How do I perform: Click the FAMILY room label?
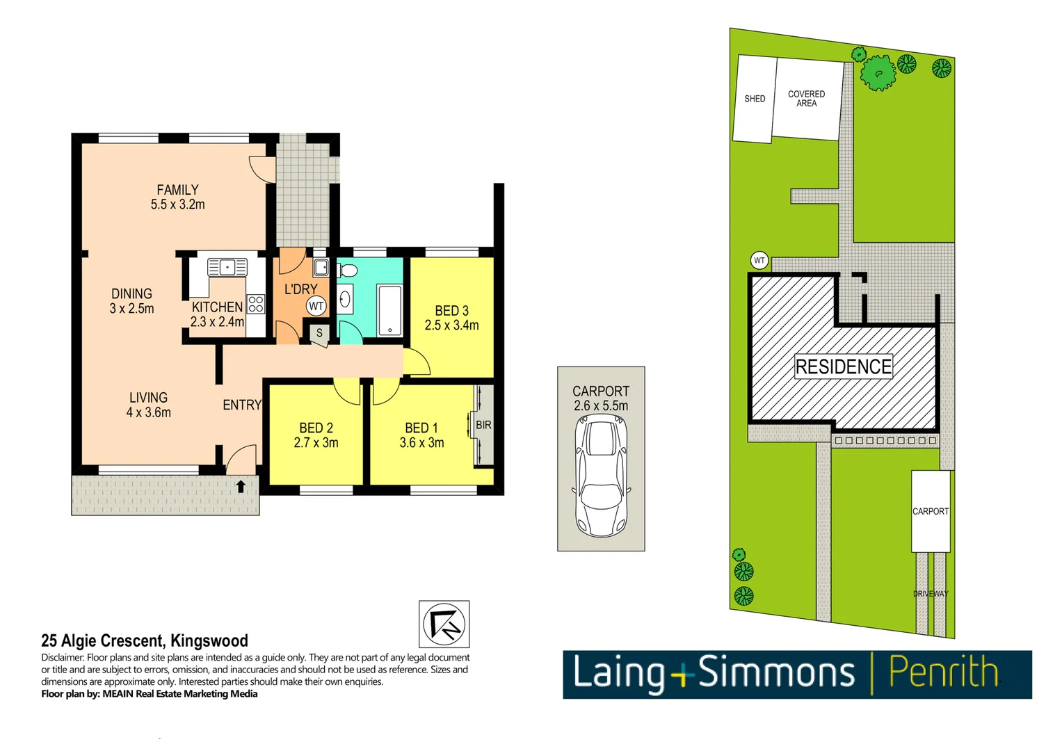tap(177, 190)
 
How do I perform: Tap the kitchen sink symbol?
tap(227, 267)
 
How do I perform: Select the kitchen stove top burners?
tap(256, 304)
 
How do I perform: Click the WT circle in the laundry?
tap(316, 306)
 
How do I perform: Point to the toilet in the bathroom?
tap(347, 270)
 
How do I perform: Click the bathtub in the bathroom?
tap(389, 310)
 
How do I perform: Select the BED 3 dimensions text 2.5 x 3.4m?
tap(451, 325)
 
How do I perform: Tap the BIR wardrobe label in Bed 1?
tap(483, 425)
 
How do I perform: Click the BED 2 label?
tap(316, 428)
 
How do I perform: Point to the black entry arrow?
tap(241, 486)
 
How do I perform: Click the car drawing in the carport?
tap(602, 476)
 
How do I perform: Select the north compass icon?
tap(444, 624)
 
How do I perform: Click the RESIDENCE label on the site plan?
tap(843, 366)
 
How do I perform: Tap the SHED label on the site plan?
tap(755, 99)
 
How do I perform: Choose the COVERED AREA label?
tap(806, 99)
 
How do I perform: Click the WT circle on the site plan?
tap(759, 261)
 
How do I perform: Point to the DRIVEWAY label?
tap(931, 594)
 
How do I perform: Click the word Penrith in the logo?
tap(943, 673)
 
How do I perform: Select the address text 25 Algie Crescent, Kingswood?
tap(145, 640)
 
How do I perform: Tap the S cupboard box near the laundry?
tap(319, 333)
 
